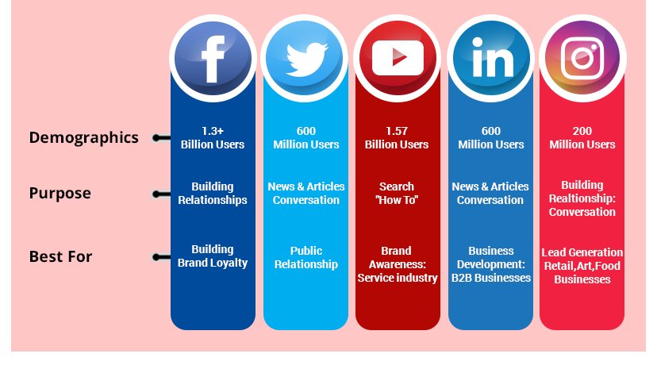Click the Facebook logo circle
click(x=212, y=58)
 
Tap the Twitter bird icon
click(x=305, y=58)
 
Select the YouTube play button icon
click(x=398, y=58)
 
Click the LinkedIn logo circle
click(x=491, y=58)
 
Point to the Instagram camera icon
click(x=582, y=58)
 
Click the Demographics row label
click(x=83, y=137)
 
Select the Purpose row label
click(x=60, y=194)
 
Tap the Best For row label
click(x=60, y=257)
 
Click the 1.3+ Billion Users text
click(x=213, y=138)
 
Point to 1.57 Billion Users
click(x=397, y=138)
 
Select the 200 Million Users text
click(x=582, y=138)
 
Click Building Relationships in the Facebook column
click(x=213, y=194)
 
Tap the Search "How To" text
click(x=397, y=194)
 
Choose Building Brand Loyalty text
click(x=213, y=256)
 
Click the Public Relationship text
click(x=306, y=257)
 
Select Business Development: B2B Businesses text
click(x=490, y=264)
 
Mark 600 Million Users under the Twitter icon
click(x=306, y=138)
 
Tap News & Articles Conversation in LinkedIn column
click(x=490, y=194)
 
